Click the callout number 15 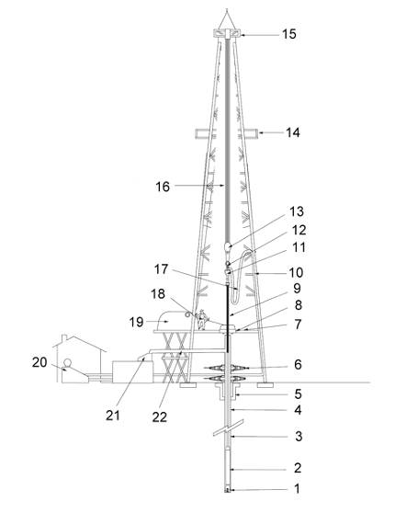289,34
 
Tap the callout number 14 293,132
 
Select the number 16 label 163,187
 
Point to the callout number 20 39,362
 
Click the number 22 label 160,416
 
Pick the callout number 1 297,489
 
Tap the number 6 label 298,364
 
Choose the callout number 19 136,322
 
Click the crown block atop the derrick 227,33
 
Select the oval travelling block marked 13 228,246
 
